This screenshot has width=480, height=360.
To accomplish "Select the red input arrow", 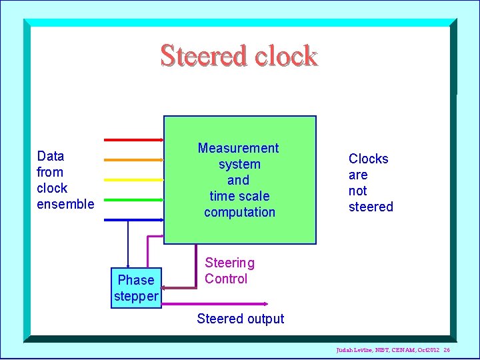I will [133, 140].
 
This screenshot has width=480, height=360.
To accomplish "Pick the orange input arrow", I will [133, 160].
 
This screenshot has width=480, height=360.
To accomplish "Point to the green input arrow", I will [133, 199].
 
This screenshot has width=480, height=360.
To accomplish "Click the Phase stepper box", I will [136, 288].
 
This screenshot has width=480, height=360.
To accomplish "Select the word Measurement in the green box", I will [238, 148].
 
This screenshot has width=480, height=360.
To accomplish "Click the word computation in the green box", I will [239, 212].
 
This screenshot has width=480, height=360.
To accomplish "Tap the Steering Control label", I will [229, 271].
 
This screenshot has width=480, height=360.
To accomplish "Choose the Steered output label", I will [240, 319].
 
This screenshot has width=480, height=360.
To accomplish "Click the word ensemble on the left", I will [65, 204].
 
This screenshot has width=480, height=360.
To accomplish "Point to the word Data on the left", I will [51, 156].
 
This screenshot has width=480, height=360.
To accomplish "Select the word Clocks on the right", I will [368, 159].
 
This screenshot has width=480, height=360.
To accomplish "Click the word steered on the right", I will [371, 207].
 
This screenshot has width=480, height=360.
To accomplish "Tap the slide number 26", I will [447, 350].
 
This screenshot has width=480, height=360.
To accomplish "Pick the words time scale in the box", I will [239, 196].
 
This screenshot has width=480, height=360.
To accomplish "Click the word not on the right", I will [357, 191].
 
